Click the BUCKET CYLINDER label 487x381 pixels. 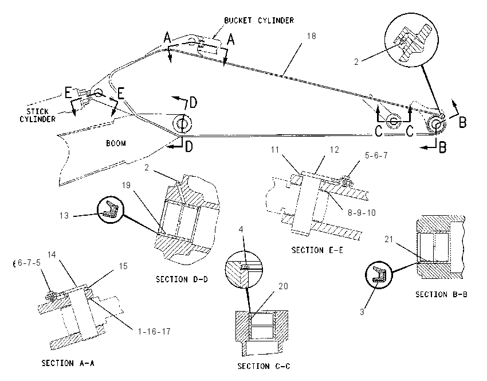(x=259, y=21)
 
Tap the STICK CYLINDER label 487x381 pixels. (x=38, y=115)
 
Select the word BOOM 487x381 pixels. (x=116, y=143)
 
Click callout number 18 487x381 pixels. (x=312, y=36)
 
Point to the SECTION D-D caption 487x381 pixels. (x=182, y=279)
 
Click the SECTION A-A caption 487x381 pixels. (x=68, y=363)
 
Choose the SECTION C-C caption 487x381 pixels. (x=264, y=366)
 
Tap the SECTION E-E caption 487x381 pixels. (x=317, y=250)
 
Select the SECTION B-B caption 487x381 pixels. (x=441, y=294)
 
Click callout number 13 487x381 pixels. (x=64, y=216)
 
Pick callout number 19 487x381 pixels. (x=126, y=185)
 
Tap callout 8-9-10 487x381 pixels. (x=362, y=213)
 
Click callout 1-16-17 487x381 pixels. (x=154, y=332)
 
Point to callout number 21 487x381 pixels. (x=389, y=239)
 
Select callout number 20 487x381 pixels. (x=283, y=286)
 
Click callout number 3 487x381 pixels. (x=362, y=312)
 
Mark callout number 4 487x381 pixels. (x=241, y=229)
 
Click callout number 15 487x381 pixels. (x=123, y=266)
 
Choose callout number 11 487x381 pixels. (x=275, y=150)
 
